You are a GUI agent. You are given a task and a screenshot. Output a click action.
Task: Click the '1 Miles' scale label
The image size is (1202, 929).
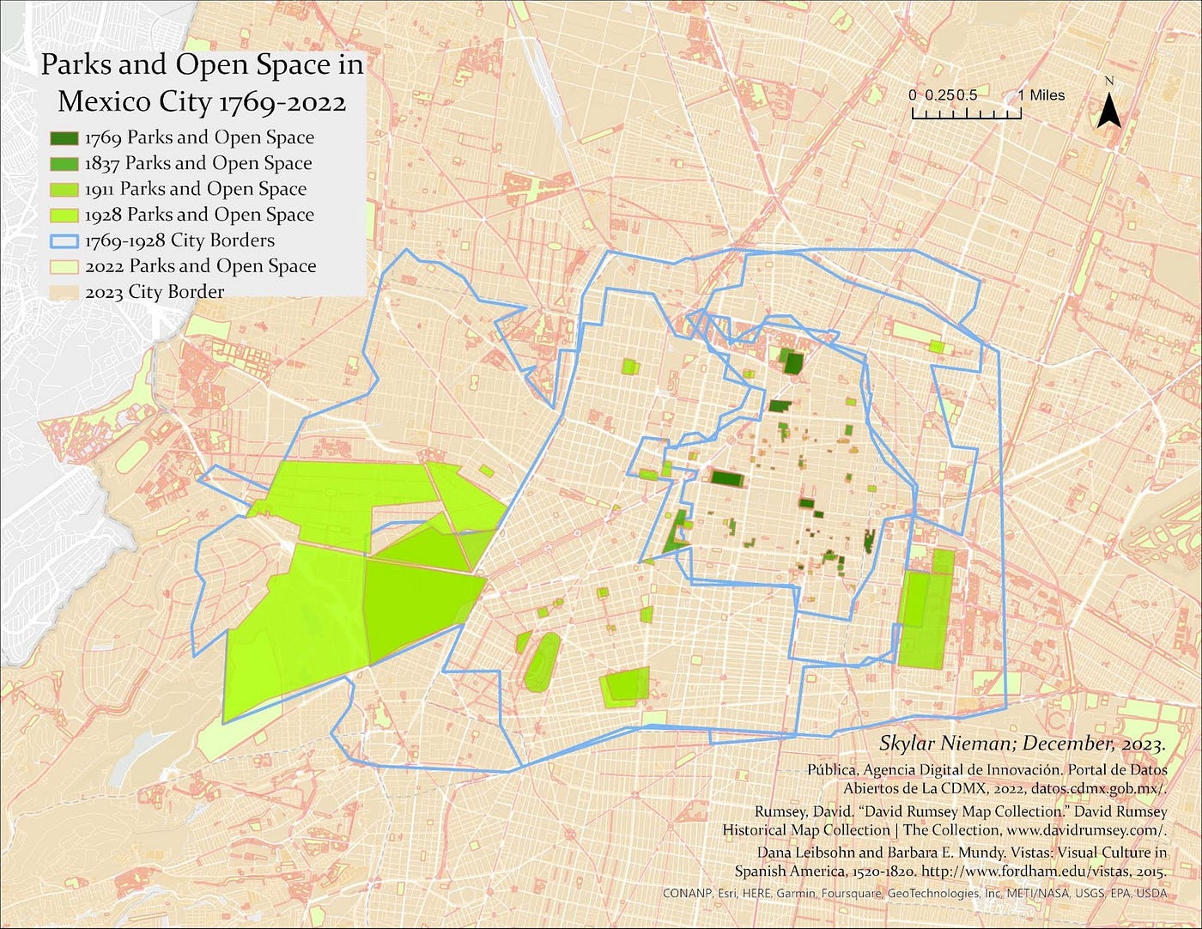click(1041, 95)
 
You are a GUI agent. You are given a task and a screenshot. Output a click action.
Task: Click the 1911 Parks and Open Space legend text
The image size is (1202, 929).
click(196, 189)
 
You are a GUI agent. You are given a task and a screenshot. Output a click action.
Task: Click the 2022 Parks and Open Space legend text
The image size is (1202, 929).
click(201, 266)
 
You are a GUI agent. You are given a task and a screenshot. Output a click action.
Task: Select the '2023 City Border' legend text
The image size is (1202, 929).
click(155, 292)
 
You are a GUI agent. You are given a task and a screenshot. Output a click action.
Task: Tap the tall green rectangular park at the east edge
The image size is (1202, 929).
click(923, 618)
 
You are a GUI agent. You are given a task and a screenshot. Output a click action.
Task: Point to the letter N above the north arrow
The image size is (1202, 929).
click(1109, 82)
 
